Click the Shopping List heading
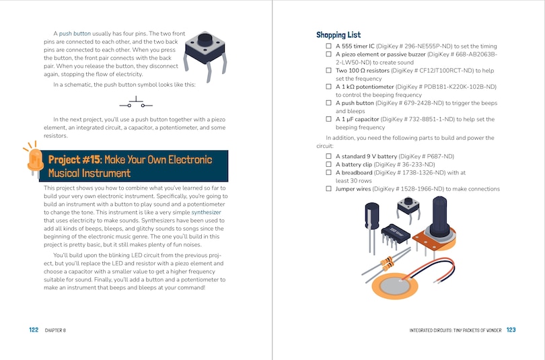(x=338, y=35)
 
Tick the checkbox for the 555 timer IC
(x=329, y=46)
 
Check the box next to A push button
(x=329, y=103)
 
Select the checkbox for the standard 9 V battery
(x=329, y=156)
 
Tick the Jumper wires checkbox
(x=329, y=189)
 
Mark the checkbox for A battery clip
(x=329, y=164)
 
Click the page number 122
(x=34, y=330)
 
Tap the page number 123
(x=511, y=330)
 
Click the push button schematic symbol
(x=137, y=104)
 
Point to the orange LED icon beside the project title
(x=33, y=159)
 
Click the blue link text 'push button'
(x=75, y=34)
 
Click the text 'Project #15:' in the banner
(x=74, y=159)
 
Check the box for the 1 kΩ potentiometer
(x=329, y=87)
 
